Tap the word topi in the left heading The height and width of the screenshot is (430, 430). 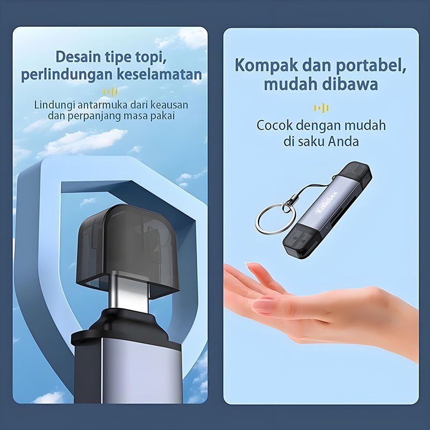150,57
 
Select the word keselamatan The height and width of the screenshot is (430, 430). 160,75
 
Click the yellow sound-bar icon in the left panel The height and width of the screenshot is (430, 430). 110,92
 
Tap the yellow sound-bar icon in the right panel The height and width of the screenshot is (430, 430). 321,108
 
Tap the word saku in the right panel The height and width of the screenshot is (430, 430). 310,142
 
